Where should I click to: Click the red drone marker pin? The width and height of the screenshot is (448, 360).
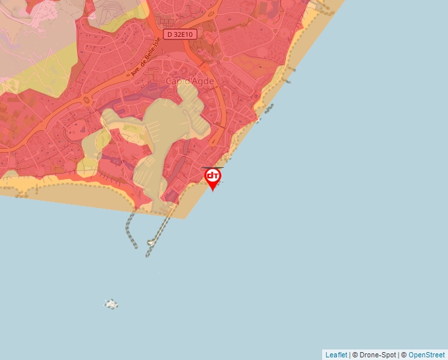tap(213, 178)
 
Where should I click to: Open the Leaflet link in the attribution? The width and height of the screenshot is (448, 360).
tap(336, 355)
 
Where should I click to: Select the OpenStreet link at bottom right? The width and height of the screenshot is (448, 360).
tap(426, 355)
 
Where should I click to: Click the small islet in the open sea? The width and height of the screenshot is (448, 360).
tap(111, 304)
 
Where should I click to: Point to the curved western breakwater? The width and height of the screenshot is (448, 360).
tap(130, 230)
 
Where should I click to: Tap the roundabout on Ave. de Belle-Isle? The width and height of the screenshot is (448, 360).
tap(86, 100)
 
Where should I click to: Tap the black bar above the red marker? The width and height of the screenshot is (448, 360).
tap(212, 168)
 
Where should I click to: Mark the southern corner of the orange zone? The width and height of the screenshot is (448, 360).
tap(186, 218)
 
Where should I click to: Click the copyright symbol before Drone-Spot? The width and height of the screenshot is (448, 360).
tap(355, 355)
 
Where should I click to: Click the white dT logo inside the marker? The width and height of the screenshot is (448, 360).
tap(213, 176)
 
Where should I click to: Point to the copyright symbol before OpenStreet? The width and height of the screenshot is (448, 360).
tap(404, 355)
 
